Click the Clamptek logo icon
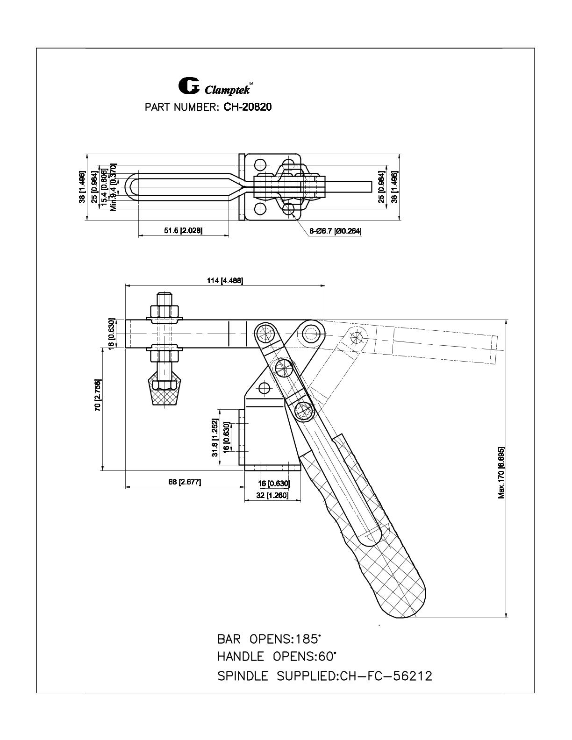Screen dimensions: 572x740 point(189,86)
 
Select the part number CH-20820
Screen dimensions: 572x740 point(247,107)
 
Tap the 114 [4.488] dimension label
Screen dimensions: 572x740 point(225,281)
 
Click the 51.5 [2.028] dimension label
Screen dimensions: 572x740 point(183,230)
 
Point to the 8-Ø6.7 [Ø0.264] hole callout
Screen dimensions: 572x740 point(335,231)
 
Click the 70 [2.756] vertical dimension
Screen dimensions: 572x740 point(98,395)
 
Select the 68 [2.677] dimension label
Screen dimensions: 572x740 point(185,482)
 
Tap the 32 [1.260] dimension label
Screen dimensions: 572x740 point(272,495)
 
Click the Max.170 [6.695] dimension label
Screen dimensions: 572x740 point(501,473)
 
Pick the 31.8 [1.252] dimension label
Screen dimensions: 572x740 point(214,438)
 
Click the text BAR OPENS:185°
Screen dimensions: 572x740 point(269,639)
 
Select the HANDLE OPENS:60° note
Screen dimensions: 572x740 point(277,656)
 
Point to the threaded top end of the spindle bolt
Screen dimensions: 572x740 point(164,299)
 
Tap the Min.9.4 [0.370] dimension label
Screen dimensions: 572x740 point(114,187)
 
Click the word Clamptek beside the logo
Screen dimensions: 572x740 point(227,90)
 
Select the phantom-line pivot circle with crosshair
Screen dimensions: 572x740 point(357,337)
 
